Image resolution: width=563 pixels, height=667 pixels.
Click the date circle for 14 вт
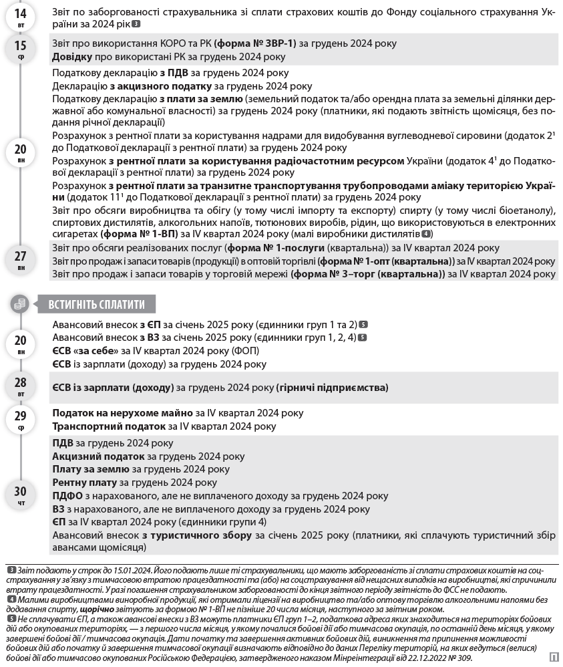tap(21, 16)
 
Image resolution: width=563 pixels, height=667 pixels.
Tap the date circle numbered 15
tap(21, 49)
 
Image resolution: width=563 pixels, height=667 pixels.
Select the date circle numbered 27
tap(21, 259)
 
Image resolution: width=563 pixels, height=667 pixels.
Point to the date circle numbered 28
tap(21, 386)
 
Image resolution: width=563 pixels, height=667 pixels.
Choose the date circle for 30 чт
tap(21, 495)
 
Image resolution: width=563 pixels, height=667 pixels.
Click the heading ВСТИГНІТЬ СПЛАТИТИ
tap(96, 304)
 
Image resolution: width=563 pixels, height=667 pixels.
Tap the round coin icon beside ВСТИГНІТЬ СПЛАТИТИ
tap(20, 304)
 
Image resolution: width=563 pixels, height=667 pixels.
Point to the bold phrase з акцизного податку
tap(160, 86)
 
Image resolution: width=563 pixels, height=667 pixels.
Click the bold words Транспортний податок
tap(108, 426)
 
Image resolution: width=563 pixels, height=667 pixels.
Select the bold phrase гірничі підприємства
tap(333, 388)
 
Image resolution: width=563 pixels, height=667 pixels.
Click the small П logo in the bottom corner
tap(554, 657)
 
